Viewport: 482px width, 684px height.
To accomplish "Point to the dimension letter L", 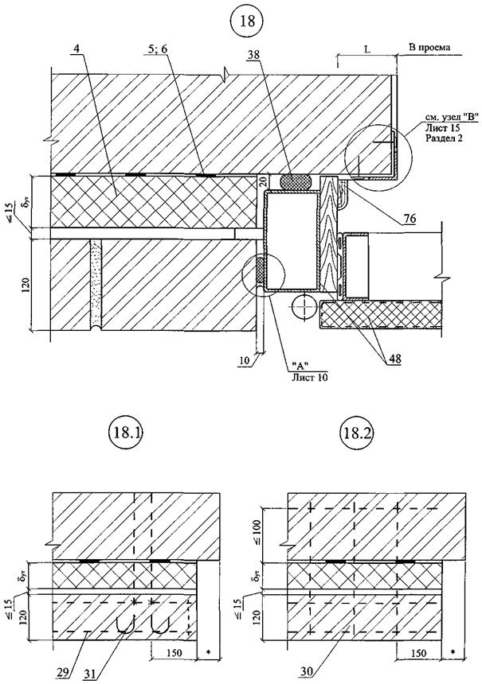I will pyautogui.click(x=366, y=49).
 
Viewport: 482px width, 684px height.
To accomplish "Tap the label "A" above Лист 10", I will pyautogui.click(x=301, y=366).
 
